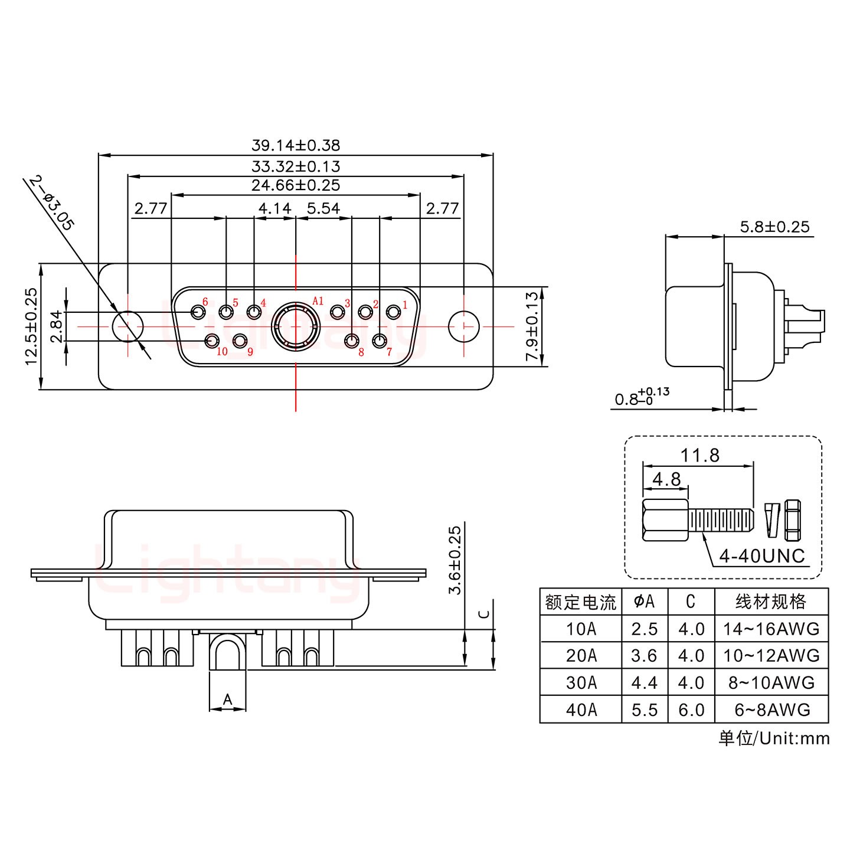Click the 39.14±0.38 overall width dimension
point(296,145)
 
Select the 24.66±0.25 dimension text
point(296,185)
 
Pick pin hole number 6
point(197,311)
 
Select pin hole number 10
point(211,341)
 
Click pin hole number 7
point(380,341)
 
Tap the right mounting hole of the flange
point(464,326)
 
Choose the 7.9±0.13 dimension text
point(532,326)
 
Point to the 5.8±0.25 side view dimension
point(774,227)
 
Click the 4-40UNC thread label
point(761,555)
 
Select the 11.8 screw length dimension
point(700,455)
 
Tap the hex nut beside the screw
point(793,521)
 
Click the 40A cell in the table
point(581,710)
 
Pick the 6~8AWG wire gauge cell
point(771,710)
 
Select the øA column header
point(645,601)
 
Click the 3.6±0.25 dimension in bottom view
point(455,561)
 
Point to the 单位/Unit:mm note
point(774,738)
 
